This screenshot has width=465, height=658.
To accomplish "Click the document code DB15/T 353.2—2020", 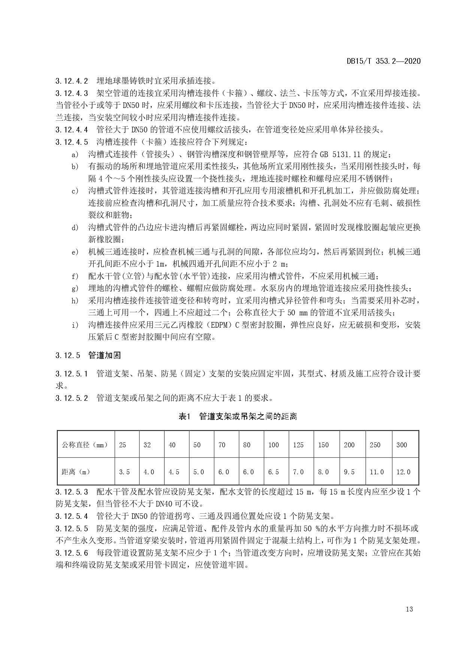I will (383, 61).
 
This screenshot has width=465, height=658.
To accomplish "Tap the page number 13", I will (409, 609).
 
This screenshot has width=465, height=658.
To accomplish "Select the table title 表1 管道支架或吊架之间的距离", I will (238, 416).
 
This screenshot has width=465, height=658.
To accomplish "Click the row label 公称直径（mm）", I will (85, 445).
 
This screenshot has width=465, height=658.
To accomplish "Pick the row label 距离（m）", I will (76, 472).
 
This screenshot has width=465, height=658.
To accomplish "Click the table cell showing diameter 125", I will (298, 445).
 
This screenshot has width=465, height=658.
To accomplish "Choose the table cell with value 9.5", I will (349, 472).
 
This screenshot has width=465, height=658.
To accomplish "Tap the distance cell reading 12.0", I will (404, 472).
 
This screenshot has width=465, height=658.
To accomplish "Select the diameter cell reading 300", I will (402, 445).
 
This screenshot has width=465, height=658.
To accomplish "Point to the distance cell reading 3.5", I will (124, 472).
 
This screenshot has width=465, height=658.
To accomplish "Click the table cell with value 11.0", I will (377, 472).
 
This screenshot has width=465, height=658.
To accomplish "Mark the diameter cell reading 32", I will (147, 445).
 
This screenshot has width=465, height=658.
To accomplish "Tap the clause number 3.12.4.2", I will (72, 81).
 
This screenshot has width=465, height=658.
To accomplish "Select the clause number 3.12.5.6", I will (72, 553).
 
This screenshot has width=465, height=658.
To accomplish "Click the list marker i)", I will (75, 325).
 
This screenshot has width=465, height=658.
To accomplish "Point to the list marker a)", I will (75, 154).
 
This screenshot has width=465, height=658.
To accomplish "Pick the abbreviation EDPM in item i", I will (218, 325).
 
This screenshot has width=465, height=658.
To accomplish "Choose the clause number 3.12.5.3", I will (72, 492).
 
